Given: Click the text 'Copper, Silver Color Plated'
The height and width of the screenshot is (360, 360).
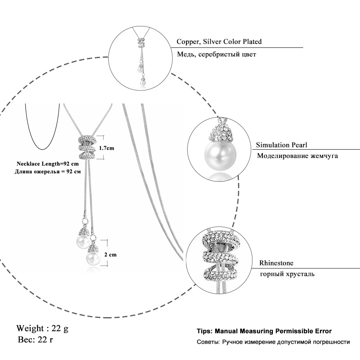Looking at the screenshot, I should [219, 42].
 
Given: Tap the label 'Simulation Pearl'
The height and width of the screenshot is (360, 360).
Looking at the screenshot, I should [282, 145].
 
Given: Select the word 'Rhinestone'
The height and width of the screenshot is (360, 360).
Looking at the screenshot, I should [276, 263].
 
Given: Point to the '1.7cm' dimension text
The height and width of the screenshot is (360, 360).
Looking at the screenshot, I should [106, 148].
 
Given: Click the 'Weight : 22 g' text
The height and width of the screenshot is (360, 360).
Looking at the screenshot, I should [42, 328].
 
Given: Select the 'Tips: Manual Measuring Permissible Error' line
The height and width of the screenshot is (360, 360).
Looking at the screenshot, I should [264, 331].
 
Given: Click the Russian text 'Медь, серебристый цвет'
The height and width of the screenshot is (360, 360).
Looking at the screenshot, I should [216, 54].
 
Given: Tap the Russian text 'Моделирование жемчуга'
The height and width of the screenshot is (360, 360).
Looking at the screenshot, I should [297, 156].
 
